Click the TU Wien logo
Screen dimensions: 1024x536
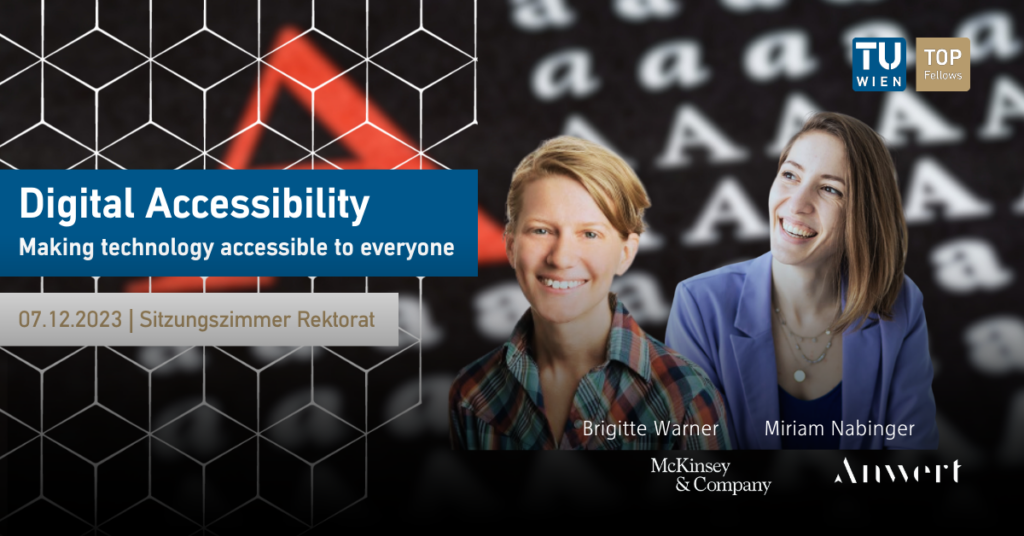point(878,64)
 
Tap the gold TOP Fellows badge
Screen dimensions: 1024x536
point(942,64)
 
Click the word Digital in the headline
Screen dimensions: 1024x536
point(76,204)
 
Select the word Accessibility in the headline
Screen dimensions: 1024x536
point(257,205)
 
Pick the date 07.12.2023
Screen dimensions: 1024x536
point(70,319)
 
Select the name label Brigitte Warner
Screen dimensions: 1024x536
point(650,428)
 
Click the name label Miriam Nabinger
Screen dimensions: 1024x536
point(839,428)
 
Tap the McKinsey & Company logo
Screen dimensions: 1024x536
point(711,475)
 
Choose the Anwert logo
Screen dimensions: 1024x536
point(897,471)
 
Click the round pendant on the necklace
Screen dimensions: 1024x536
point(799,375)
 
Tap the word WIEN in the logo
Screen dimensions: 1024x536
point(879,82)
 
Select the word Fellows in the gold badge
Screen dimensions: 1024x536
point(942,75)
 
